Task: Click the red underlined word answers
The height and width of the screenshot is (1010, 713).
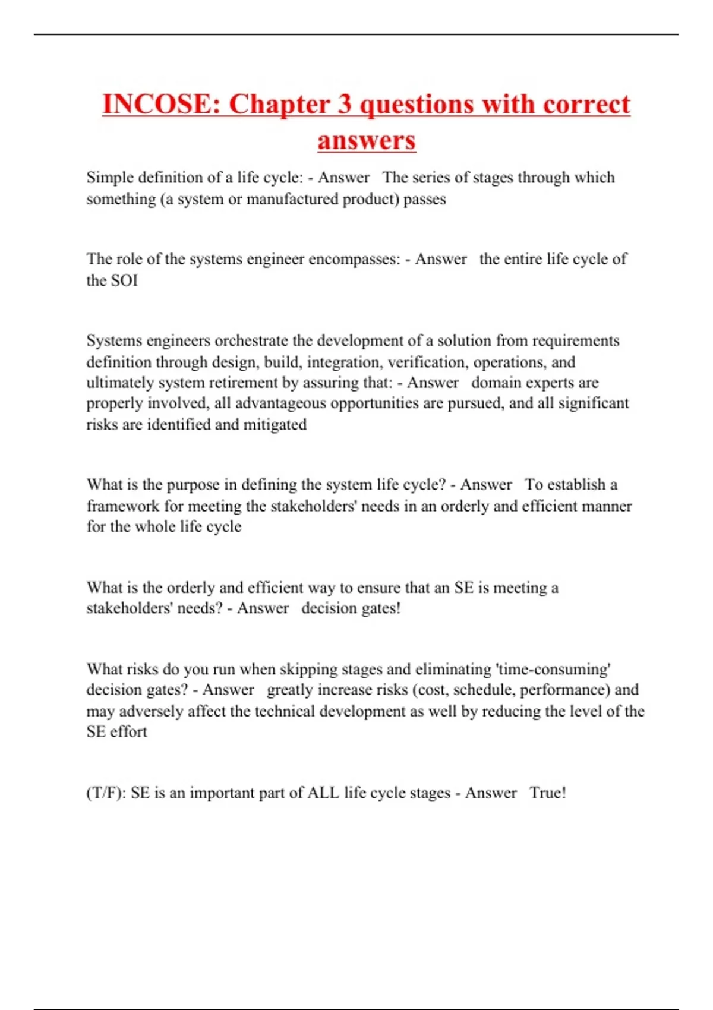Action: (x=367, y=141)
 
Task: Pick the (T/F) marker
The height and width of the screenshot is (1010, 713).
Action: (x=106, y=793)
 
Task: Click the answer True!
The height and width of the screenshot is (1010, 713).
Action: (x=548, y=793)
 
